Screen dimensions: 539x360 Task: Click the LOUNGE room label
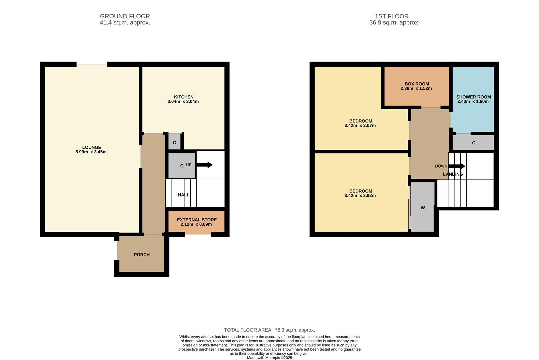click(92, 147)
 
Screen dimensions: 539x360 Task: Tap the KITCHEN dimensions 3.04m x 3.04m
click(183, 102)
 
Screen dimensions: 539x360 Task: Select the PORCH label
click(142, 255)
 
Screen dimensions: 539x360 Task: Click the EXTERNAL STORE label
click(197, 220)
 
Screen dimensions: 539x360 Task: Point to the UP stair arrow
click(204, 165)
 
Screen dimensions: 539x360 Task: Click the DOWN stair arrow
click(456, 166)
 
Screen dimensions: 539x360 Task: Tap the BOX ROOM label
click(417, 84)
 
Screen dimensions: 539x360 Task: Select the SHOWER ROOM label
click(474, 97)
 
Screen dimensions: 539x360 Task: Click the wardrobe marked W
click(423, 207)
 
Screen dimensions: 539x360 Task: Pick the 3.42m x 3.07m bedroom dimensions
click(360, 126)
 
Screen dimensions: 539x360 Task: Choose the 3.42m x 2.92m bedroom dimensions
click(360, 196)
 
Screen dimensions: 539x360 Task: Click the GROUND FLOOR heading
click(125, 16)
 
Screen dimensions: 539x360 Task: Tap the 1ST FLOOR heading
click(392, 16)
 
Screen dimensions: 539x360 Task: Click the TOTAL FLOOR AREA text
click(269, 330)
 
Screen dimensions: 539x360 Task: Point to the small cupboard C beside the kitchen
click(174, 142)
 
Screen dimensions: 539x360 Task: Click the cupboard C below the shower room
click(474, 142)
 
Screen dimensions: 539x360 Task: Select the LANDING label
click(453, 174)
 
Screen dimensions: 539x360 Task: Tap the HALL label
click(184, 195)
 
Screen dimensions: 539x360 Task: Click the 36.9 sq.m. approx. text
click(394, 23)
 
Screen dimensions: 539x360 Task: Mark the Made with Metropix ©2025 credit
click(269, 358)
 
